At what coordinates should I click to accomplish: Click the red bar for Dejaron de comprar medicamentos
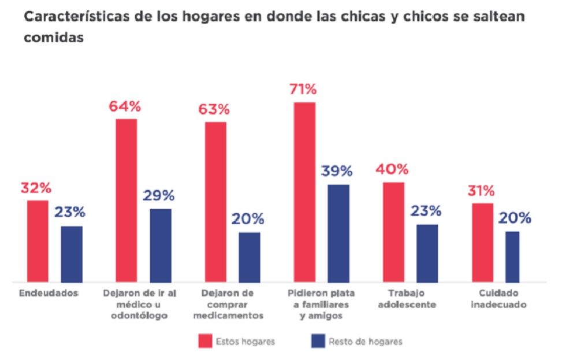[x=216, y=202]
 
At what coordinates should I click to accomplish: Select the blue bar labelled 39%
[x=338, y=233]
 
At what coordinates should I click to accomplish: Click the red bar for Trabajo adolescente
[x=393, y=232]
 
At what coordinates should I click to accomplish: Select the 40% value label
[x=392, y=170]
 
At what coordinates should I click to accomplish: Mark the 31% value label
[x=481, y=191]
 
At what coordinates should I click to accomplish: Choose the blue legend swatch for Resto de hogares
[x=317, y=341]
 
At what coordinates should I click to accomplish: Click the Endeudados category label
[x=49, y=293]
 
